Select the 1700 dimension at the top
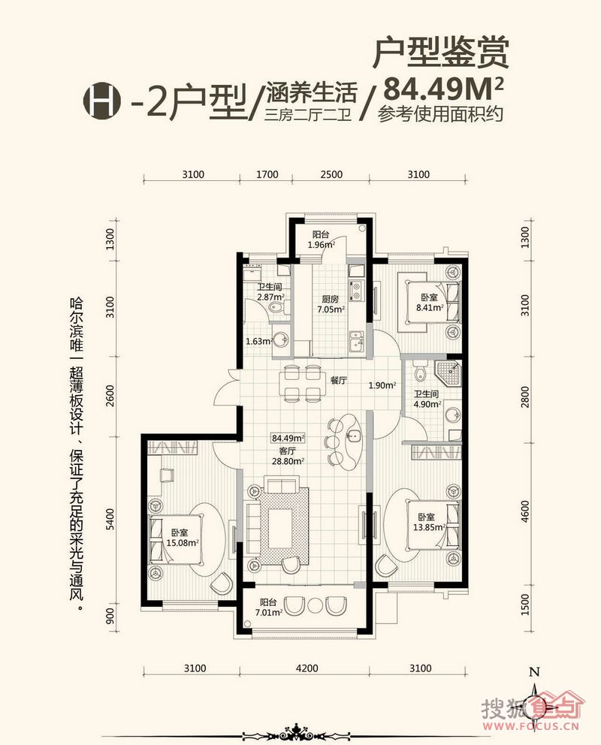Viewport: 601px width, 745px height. tap(267, 174)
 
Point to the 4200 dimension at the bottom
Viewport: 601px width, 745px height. tap(307, 668)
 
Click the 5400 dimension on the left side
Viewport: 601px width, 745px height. tap(110, 520)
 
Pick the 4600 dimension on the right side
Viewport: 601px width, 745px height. tap(524, 511)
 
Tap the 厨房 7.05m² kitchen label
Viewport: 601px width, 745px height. tap(331, 304)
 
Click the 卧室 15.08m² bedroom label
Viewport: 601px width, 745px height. tap(183, 538)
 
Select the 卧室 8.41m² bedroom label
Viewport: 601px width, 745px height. tap(430, 302)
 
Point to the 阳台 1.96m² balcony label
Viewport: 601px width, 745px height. tap(321, 240)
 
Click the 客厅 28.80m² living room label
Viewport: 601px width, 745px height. tap(288, 456)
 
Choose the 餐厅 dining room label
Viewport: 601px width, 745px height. tap(338, 380)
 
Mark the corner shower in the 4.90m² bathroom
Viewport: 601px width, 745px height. tap(448, 373)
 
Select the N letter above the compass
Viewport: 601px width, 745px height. tap(535, 672)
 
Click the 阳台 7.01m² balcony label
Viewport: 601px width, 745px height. tap(269, 608)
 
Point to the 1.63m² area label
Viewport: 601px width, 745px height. tap(258, 341)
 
